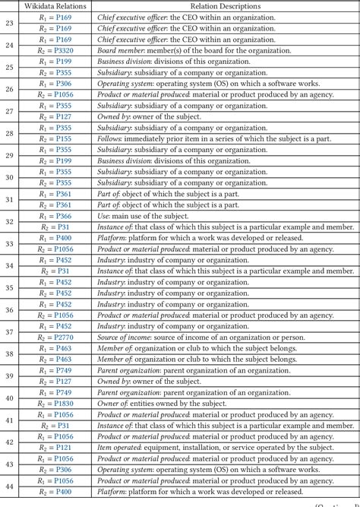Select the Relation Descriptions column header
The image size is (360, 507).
click(x=226, y=6)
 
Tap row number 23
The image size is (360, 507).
click(x=9, y=23)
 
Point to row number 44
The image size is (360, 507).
click(x=9, y=486)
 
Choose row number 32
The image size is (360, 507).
click(x=9, y=221)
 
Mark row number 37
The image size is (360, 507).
click(x=9, y=331)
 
